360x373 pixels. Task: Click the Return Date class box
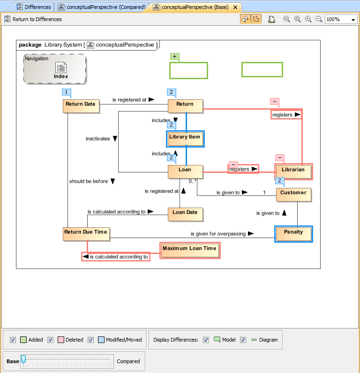[x=81, y=106]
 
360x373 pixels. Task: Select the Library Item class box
[x=185, y=139]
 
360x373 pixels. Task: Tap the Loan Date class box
[x=185, y=214]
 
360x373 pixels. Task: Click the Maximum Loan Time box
[x=189, y=250]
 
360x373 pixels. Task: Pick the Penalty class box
[x=293, y=233]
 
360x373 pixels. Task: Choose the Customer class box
[x=293, y=194]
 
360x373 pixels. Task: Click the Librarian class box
[x=293, y=172]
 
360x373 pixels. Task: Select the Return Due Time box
[x=86, y=233]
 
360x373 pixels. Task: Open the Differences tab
[x=33, y=7]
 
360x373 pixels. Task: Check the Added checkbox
[x=13, y=340]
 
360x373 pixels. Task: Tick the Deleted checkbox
[x=51, y=340]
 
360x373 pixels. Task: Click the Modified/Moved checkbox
[x=91, y=340]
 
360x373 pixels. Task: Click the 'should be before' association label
[x=89, y=181]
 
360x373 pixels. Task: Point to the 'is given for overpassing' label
[x=218, y=233]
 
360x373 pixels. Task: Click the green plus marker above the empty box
[x=175, y=57]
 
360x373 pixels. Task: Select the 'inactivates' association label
[x=97, y=139]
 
